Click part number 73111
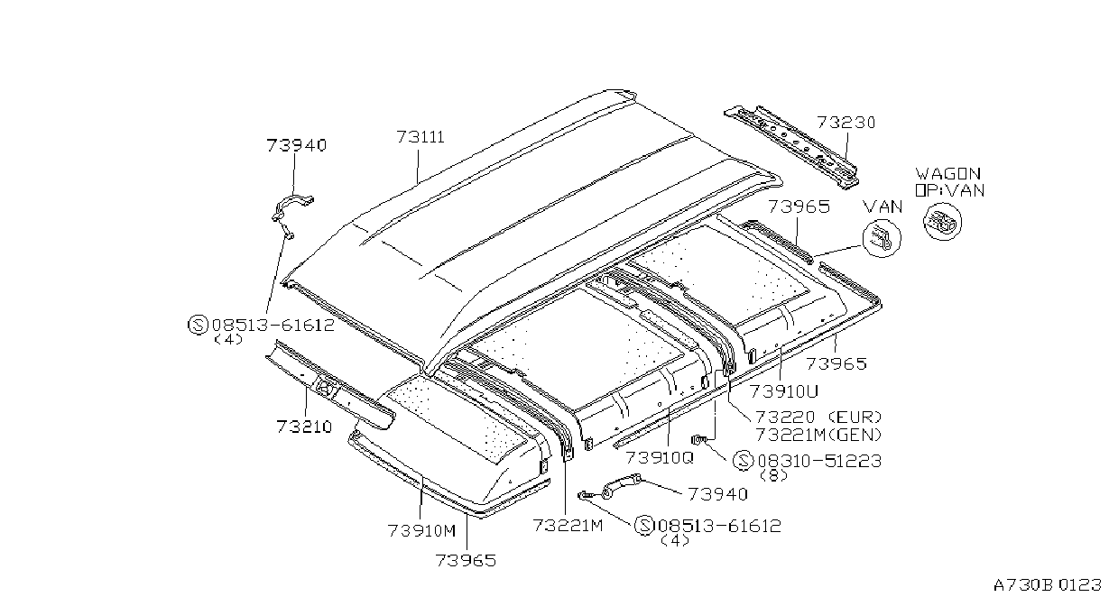coord(420,136)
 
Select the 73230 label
coord(846,122)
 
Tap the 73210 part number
coord(304,427)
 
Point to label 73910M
coord(421,531)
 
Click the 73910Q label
coord(660,457)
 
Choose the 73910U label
coord(784,391)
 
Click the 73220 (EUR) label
coord(818,417)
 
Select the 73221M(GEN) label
coord(818,435)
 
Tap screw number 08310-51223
coord(820,461)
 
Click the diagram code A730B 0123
coord(1048,585)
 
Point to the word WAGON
coord(947,174)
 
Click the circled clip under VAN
coord(882,238)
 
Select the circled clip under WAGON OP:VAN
coord(943,222)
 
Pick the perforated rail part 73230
coord(792,145)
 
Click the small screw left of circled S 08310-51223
coord(699,438)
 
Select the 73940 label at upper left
coord(297,145)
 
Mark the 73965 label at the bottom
coord(466,561)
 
